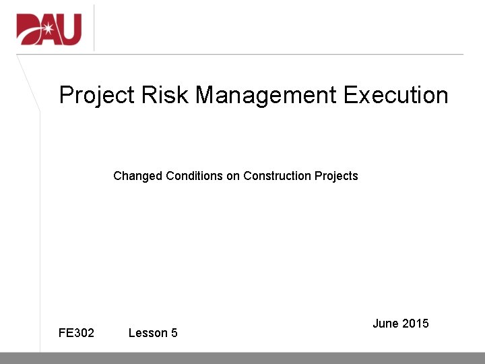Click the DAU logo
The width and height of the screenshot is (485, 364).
click(x=49, y=29)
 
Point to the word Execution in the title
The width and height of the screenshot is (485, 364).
click(x=395, y=95)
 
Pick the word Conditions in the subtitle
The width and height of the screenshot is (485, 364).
click(x=195, y=176)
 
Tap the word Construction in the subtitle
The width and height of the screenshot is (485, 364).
click(x=277, y=176)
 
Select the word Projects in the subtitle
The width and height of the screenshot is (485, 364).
click(x=336, y=177)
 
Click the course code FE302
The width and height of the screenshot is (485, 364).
click(x=76, y=333)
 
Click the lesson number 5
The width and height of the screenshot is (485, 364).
click(x=174, y=333)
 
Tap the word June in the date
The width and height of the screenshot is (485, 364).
click(x=385, y=324)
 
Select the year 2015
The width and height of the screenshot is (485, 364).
click(x=415, y=324)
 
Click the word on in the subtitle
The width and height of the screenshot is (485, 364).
click(x=233, y=177)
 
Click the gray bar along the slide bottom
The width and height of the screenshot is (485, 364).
click(x=243, y=358)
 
